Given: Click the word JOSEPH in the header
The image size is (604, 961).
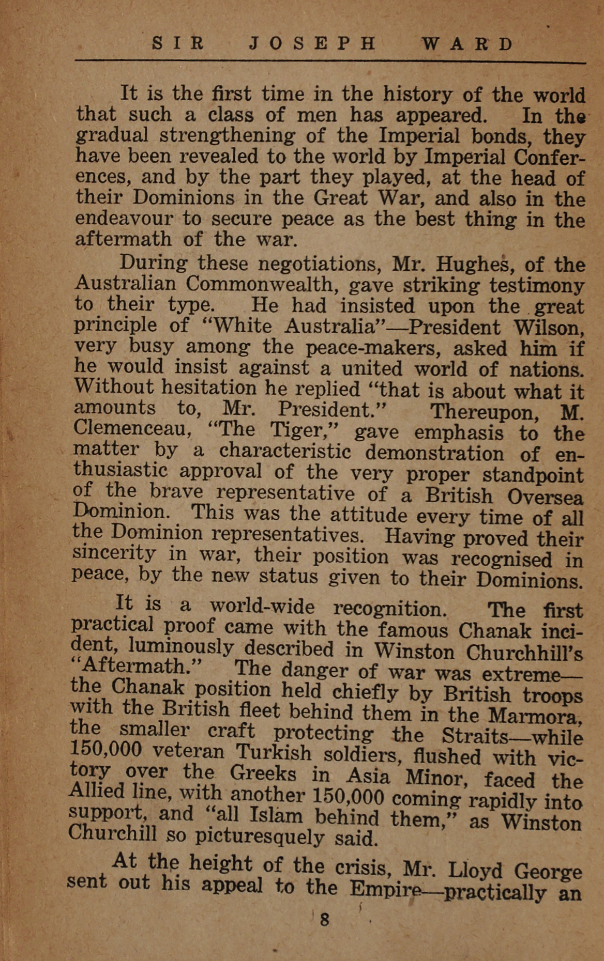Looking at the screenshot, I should click(x=313, y=43).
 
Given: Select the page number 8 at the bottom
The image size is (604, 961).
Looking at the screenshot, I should click(x=325, y=920).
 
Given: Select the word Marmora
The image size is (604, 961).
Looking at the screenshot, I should click(x=534, y=716).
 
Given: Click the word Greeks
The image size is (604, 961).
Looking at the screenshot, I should click(x=263, y=773).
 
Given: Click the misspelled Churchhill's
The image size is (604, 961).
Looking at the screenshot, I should click(x=524, y=653).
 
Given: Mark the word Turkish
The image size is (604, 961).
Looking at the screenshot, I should click(x=274, y=752).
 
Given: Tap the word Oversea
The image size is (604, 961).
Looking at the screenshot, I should click(x=546, y=497).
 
